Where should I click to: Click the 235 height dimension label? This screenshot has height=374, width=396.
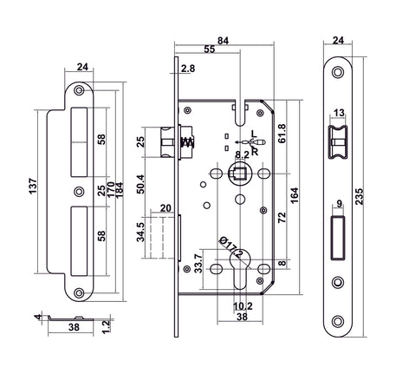coord(359,197)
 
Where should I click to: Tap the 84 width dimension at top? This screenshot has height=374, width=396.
coord(223,41)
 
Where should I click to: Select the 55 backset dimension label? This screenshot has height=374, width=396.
coord(210,49)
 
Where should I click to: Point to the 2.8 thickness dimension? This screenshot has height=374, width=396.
coord(188,69)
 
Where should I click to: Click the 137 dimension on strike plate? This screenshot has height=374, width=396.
coord(33,187)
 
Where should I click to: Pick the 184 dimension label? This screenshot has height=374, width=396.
coord(119,190)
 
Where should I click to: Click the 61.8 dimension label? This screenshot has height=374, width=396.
coord(282,134)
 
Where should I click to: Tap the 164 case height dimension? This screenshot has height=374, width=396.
coord(295,196)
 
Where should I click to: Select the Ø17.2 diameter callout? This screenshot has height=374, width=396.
coord(231,247)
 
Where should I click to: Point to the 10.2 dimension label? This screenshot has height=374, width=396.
coord(243,306)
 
